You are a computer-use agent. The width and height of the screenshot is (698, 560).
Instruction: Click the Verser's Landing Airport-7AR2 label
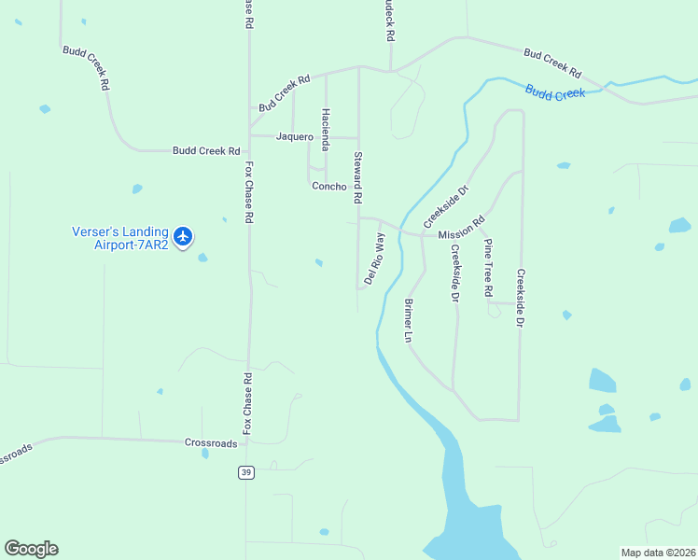click(120, 238)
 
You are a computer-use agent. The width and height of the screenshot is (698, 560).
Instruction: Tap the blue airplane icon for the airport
click(183, 237)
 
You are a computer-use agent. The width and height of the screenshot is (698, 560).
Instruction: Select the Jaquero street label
click(295, 136)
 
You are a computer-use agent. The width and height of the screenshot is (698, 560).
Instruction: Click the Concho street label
click(328, 186)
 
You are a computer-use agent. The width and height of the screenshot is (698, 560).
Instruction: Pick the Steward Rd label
click(357, 178)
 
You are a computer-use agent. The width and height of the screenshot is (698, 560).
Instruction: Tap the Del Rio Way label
click(374, 259)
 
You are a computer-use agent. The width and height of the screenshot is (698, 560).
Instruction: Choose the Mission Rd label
click(462, 229)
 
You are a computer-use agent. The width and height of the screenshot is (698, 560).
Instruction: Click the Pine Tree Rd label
click(487, 268)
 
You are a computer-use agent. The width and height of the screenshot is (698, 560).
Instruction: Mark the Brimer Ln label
click(408, 321)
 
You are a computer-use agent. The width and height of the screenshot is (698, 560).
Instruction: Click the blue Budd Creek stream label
click(554, 92)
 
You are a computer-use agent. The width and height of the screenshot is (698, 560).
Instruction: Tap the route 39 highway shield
click(245, 472)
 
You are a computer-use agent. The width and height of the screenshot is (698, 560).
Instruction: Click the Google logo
click(31, 549)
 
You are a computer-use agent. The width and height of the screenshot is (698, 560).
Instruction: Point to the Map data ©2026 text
click(658, 552)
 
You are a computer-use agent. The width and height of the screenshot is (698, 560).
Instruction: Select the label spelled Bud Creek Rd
click(284, 94)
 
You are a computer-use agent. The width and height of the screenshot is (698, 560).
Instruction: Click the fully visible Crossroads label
click(211, 443)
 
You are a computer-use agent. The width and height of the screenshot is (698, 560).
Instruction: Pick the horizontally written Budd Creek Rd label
click(206, 150)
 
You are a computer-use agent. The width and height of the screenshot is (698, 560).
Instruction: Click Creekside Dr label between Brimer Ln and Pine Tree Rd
click(455, 273)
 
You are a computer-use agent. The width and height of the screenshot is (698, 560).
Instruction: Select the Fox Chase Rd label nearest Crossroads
click(247, 403)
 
